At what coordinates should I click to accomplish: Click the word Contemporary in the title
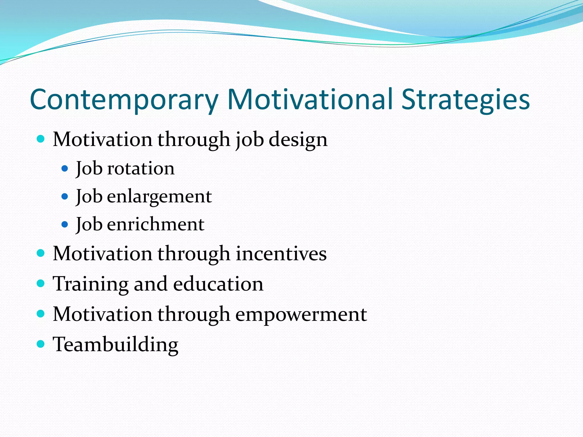(x=124, y=100)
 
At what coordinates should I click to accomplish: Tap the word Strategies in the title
(x=465, y=100)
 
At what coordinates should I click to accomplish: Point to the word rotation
(x=141, y=168)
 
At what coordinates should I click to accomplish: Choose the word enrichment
(x=156, y=224)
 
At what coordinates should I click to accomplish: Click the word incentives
(x=281, y=253)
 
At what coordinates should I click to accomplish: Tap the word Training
(x=91, y=284)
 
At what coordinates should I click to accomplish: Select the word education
(x=218, y=284)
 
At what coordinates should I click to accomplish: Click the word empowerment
(x=301, y=315)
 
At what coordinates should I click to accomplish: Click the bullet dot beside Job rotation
(x=65, y=169)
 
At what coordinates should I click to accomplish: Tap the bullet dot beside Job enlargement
(x=65, y=197)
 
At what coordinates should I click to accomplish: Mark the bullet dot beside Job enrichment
(x=65, y=224)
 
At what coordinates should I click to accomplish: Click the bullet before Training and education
(x=41, y=283)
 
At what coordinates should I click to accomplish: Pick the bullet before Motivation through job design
(x=41, y=139)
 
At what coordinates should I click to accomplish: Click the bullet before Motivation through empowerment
(x=41, y=314)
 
